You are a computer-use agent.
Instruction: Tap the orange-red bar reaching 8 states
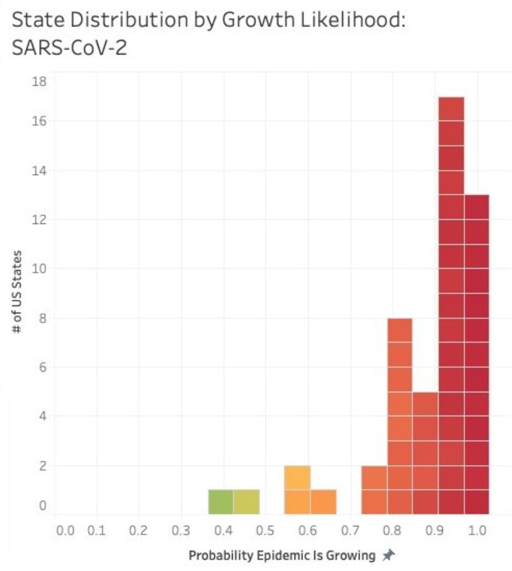399,416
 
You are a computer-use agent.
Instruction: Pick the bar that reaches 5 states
425,452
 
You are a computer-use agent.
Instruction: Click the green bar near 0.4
220,501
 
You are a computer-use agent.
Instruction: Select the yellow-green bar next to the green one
247,501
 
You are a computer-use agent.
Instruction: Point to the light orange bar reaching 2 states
297,489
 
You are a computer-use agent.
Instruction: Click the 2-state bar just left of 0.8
374,489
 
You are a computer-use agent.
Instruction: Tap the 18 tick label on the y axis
40,80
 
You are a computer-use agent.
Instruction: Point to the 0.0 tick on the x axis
64,530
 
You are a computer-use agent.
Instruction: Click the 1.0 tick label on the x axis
478,530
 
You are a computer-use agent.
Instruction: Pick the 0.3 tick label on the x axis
180,530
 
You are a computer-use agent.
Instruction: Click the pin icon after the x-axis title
388,555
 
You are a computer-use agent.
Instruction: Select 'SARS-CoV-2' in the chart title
69,47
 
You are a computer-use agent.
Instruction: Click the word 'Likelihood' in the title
347,20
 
